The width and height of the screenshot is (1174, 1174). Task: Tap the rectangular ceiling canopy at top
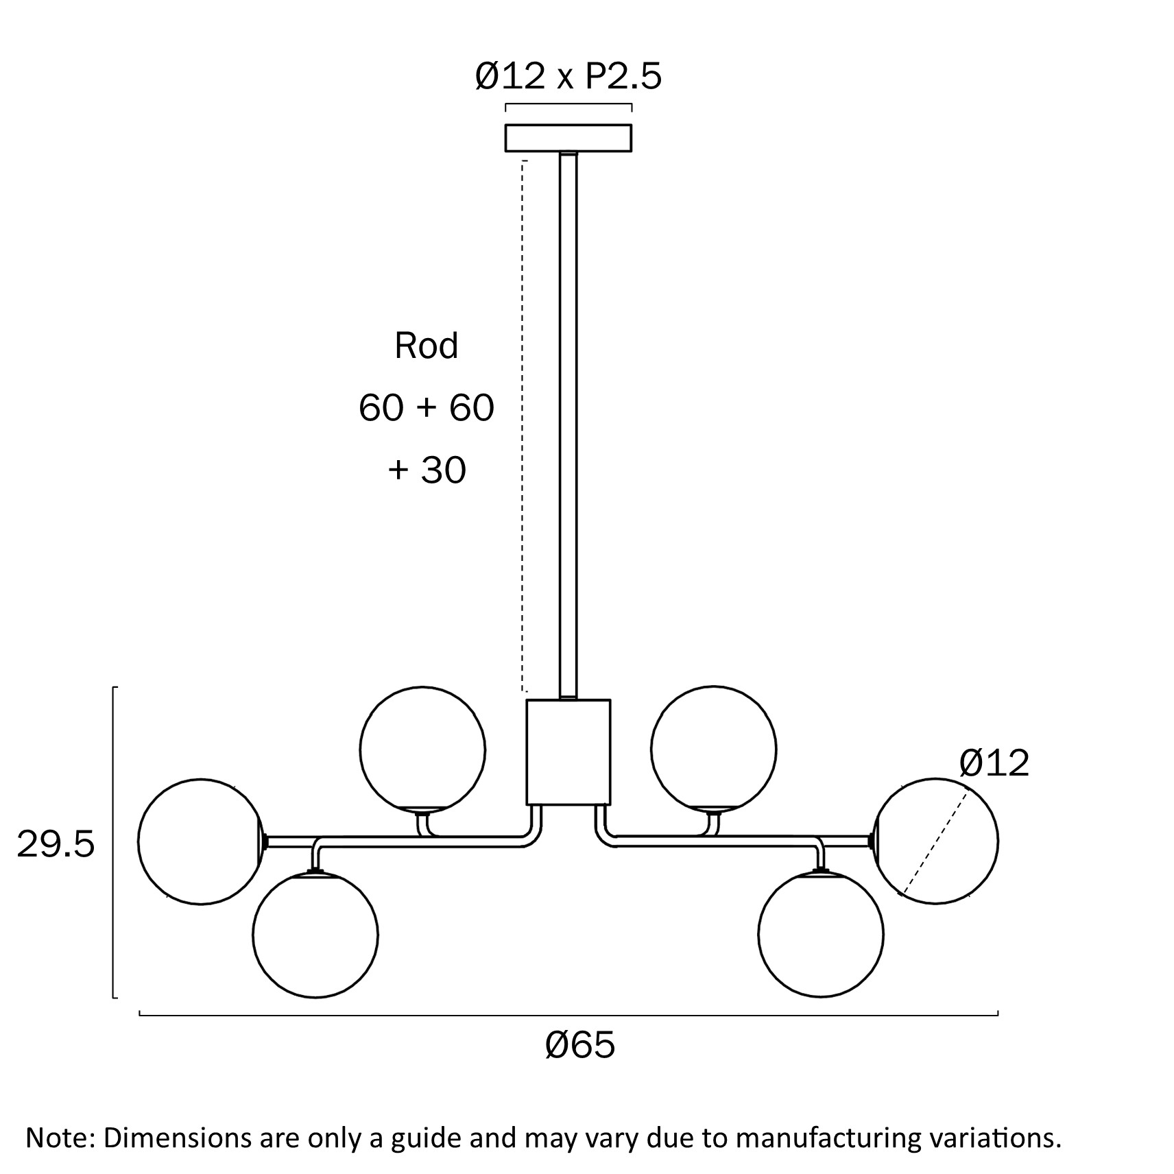coord(568,138)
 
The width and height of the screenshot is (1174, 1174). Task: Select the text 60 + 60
coord(426,408)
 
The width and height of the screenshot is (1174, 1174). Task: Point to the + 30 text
coord(427,470)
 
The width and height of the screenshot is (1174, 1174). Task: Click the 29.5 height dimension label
coord(56,845)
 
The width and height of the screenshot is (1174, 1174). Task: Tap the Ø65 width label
coord(580,1046)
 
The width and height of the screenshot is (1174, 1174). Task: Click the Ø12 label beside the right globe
coord(994,763)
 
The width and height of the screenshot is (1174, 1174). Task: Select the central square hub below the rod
coord(568,752)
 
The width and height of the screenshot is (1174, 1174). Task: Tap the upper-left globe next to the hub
coord(422,749)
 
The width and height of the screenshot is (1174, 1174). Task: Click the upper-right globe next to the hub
coord(713,749)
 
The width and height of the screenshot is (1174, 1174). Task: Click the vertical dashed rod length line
coord(523,425)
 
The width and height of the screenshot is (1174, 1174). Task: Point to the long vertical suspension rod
coord(568,425)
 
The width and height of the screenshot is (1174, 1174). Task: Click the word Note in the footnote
coord(58,1138)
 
